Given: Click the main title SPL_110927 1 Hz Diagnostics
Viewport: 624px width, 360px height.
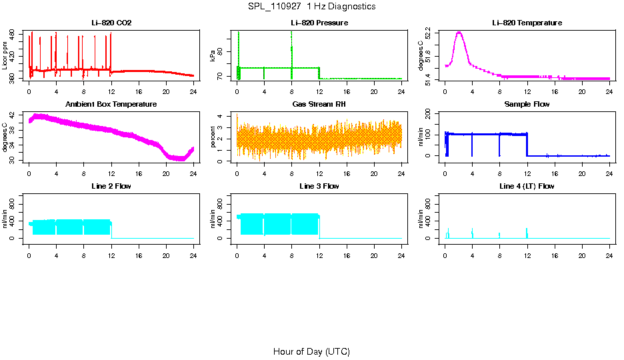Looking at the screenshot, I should pos(311,7).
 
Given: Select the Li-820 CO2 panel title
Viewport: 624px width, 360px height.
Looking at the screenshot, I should pos(111,23).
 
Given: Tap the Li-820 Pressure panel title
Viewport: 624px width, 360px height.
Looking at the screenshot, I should pos(319,23).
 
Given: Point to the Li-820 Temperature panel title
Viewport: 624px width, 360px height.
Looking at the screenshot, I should pos(527,23).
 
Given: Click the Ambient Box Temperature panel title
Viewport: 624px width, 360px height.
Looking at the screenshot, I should pos(111,105).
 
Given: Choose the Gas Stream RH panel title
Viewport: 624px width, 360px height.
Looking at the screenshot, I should pos(319,105).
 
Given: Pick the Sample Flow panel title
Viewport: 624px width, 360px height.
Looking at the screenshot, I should pos(527,105).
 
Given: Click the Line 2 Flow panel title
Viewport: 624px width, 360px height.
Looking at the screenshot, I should pos(111,186).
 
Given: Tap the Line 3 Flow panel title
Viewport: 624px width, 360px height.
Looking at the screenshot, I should pos(319,186).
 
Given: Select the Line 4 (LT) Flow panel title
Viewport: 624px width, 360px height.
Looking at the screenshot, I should pos(527,186).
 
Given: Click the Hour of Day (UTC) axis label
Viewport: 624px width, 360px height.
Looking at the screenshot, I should pos(311,351).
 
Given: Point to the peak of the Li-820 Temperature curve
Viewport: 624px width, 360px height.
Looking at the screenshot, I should pos(459,32).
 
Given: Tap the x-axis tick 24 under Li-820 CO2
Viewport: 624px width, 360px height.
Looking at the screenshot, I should pos(193,91).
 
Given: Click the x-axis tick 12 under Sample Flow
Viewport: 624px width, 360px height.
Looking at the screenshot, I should pos(527,173).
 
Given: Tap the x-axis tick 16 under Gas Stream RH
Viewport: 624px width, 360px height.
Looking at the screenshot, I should pos(347,173).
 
